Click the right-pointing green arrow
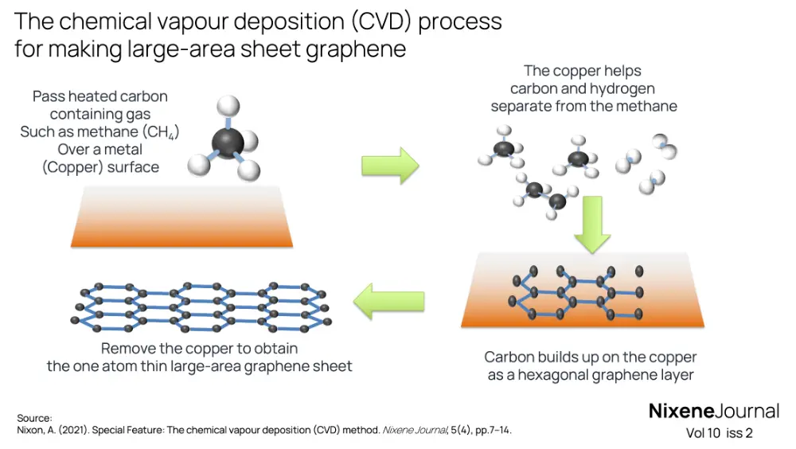point(389,165)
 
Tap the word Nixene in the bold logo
point(681,412)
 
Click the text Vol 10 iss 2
point(719,433)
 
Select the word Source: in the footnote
point(34,418)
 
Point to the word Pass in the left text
point(47,96)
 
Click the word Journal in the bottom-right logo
point(747,412)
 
